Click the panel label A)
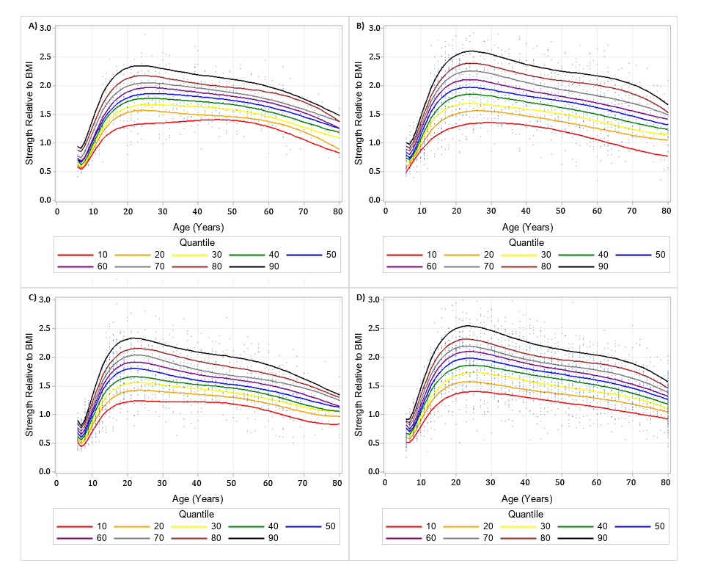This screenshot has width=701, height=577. [x=33, y=26]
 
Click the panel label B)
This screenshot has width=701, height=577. [x=360, y=26]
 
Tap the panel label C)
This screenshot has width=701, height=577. [x=33, y=297]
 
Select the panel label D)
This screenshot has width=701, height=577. [x=360, y=297]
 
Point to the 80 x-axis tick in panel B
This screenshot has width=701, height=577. [x=667, y=211]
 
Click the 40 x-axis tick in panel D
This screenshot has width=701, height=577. [x=525, y=482]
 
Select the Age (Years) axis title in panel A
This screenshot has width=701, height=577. [x=199, y=227]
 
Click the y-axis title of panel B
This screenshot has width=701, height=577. [x=359, y=114]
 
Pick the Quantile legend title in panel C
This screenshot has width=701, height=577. [x=198, y=512]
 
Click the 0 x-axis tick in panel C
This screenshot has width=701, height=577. [x=56, y=482]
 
